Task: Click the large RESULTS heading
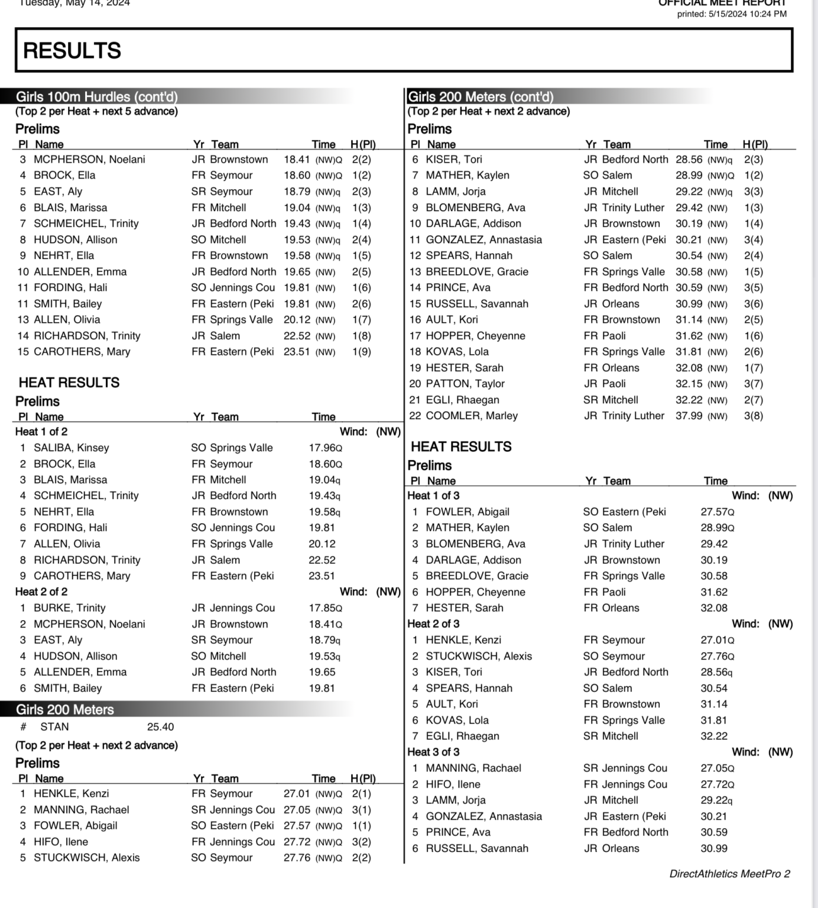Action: point(72,51)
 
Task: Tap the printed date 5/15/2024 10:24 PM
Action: point(732,14)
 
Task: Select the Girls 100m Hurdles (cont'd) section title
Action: point(96,97)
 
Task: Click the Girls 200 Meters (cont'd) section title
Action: point(481,97)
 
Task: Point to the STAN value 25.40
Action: point(160,727)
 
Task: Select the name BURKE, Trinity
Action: point(70,608)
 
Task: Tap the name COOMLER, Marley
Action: point(472,416)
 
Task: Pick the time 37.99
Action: point(689,416)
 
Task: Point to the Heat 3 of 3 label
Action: point(433,753)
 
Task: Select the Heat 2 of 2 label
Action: point(41,592)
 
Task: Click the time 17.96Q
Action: point(325,448)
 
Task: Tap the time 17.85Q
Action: point(325,608)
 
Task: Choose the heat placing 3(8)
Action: point(754,416)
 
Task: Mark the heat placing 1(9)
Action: point(361,352)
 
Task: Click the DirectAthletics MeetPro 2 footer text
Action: point(729,874)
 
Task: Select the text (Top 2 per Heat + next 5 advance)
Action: point(96,111)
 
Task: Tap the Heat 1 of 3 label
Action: point(433,496)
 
